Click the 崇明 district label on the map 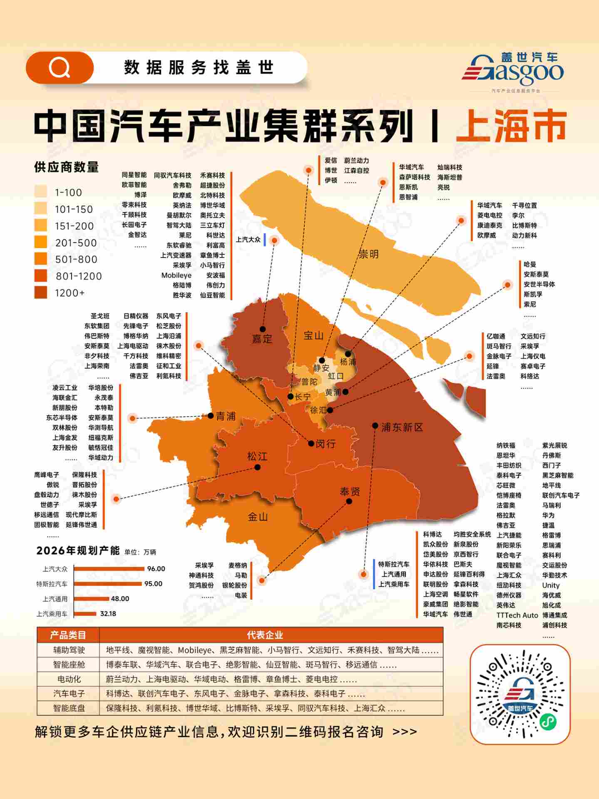[368, 254]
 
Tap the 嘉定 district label [262, 339]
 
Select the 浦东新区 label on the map [402, 427]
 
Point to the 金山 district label [257, 517]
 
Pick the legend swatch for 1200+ [41, 293]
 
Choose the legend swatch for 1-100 [41, 192]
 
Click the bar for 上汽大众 [109, 569]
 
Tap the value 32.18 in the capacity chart [108, 614]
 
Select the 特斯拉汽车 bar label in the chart [52, 584]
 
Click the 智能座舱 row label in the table [69, 665]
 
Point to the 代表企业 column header [265, 635]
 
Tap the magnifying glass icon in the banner [60, 67]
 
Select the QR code [520, 694]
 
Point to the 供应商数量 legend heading [66, 167]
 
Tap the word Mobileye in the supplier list [176, 275]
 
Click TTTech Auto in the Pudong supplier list [517, 615]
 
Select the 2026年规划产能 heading [78, 551]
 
